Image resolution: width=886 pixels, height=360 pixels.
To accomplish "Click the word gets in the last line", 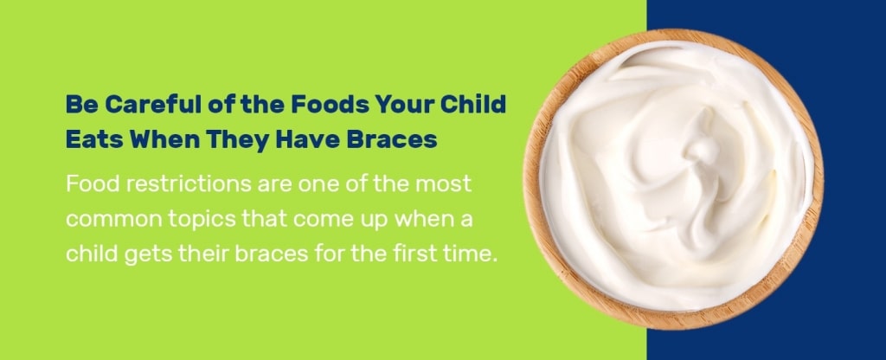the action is tap(144, 255).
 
